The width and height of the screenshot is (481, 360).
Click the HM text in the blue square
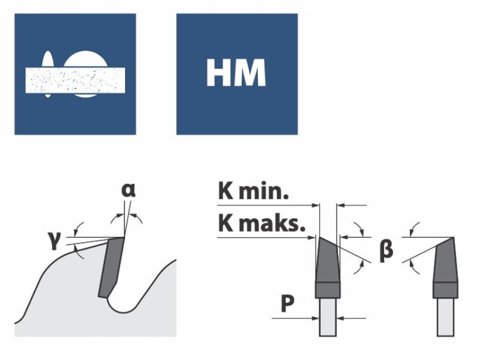coord(236,74)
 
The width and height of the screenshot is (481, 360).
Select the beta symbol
coord(385,249)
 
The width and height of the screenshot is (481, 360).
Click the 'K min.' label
coord(253,191)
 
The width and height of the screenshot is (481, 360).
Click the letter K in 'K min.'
coord(226,191)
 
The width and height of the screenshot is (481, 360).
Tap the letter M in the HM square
coord(249,74)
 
